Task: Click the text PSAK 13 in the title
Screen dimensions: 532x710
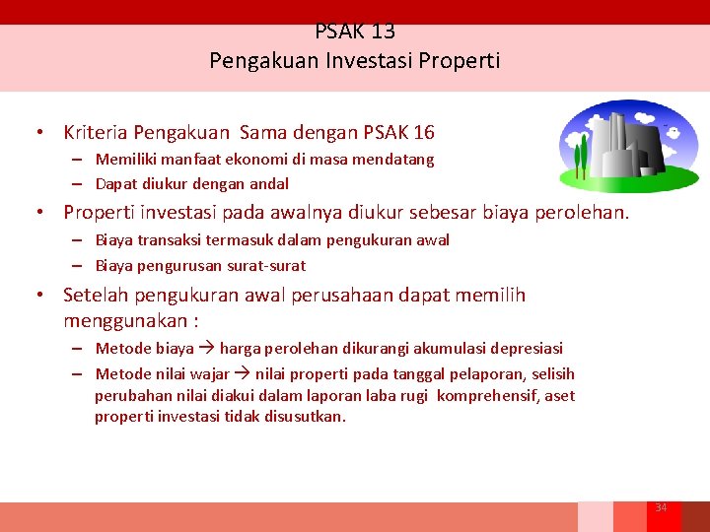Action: (x=355, y=32)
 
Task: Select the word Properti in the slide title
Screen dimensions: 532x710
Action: (x=460, y=61)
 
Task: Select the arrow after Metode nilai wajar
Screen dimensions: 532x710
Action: (x=242, y=373)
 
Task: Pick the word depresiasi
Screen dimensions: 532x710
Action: (x=527, y=348)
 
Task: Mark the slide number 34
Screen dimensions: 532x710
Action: (x=662, y=507)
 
